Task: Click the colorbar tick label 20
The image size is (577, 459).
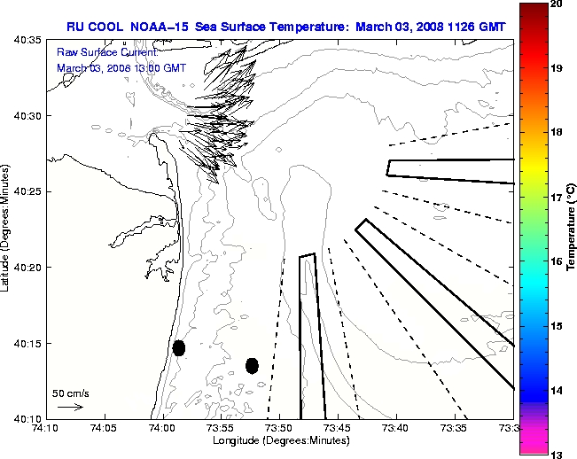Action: [x=555, y=4]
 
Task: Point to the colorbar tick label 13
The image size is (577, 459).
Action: [x=555, y=454]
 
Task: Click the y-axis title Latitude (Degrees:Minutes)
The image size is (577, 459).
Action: [x=7, y=229]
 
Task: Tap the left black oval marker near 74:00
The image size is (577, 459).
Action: [x=179, y=347]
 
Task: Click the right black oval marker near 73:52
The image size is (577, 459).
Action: [x=252, y=365]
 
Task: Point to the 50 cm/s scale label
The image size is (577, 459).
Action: [x=70, y=393]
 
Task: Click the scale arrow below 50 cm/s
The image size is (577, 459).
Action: [x=70, y=407]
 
